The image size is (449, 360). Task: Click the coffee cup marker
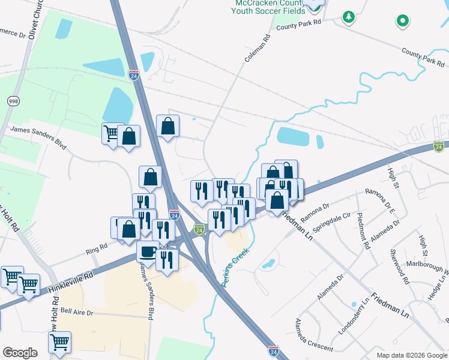pos(148,251)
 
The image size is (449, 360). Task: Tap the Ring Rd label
pos(96,246)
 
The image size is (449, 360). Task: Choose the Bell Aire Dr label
pos(77,312)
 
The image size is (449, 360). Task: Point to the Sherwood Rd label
pos(400,266)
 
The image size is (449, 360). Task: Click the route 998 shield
pos(13,101)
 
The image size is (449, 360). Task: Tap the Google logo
pos(20,353)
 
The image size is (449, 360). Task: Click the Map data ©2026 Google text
pos(411,355)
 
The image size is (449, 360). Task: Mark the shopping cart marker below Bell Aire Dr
pos(59,342)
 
